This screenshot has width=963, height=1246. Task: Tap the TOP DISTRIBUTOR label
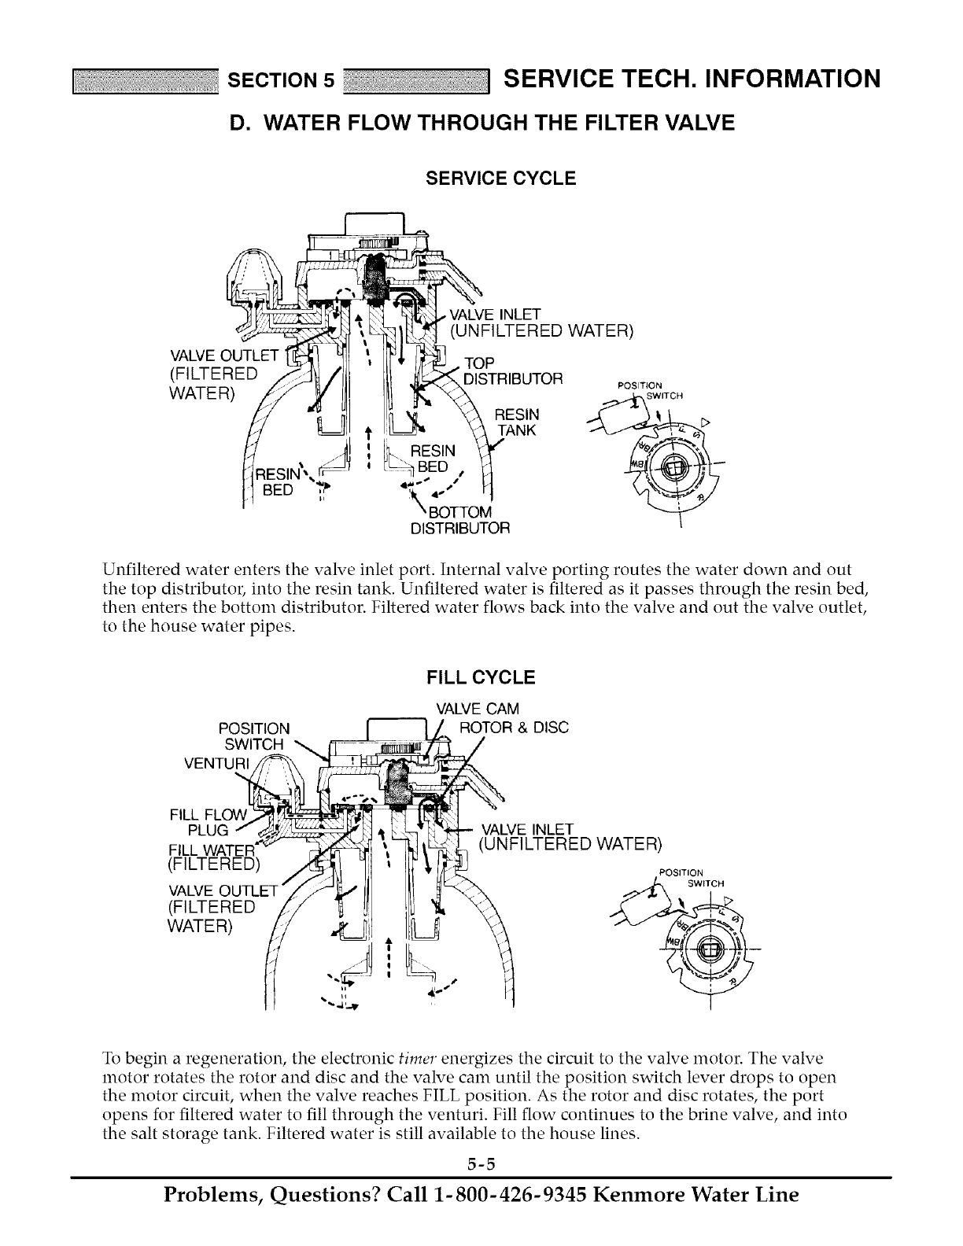click(x=513, y=371)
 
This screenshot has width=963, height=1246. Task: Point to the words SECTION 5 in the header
click(x=282, y=80)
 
